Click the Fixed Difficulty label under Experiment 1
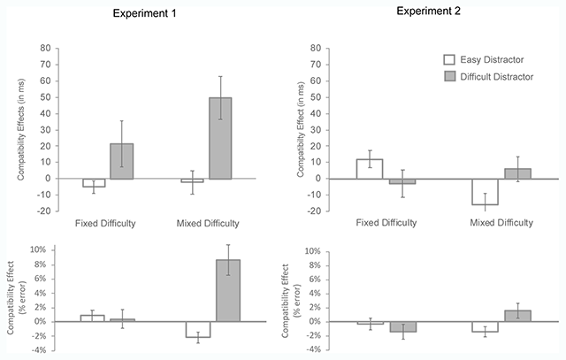click(x=107, y=224)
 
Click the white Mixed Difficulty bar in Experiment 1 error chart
click(x=197, y=329)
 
